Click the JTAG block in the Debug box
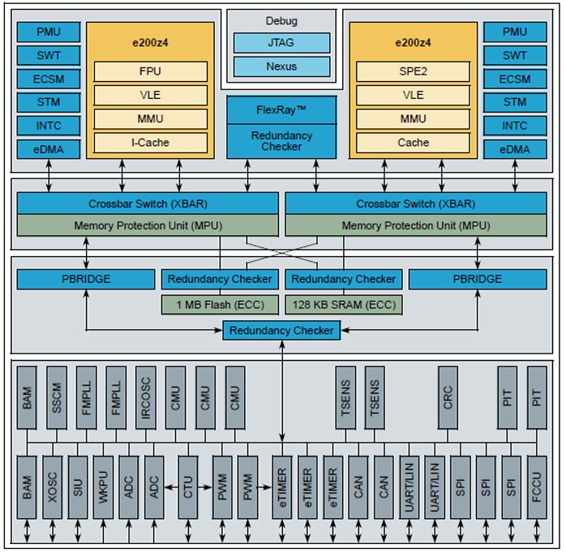(x=281, y=43)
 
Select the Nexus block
(x=281, y=66)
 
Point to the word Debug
(x=281, y=20)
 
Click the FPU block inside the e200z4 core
(x=150, y=71)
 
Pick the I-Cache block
(x=150, y=143)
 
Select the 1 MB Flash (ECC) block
(x=220, y=306)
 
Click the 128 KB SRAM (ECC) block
(x=343, y=306)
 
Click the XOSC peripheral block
(x=53, y=487)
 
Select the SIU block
(x=78, y=487)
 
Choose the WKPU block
(x=104, y=487)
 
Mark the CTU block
(x=188, y=487)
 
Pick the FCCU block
(x=538, y=487)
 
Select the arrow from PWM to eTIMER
(x=265, y=487)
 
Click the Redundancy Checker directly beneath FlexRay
(x=281, y=141)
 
